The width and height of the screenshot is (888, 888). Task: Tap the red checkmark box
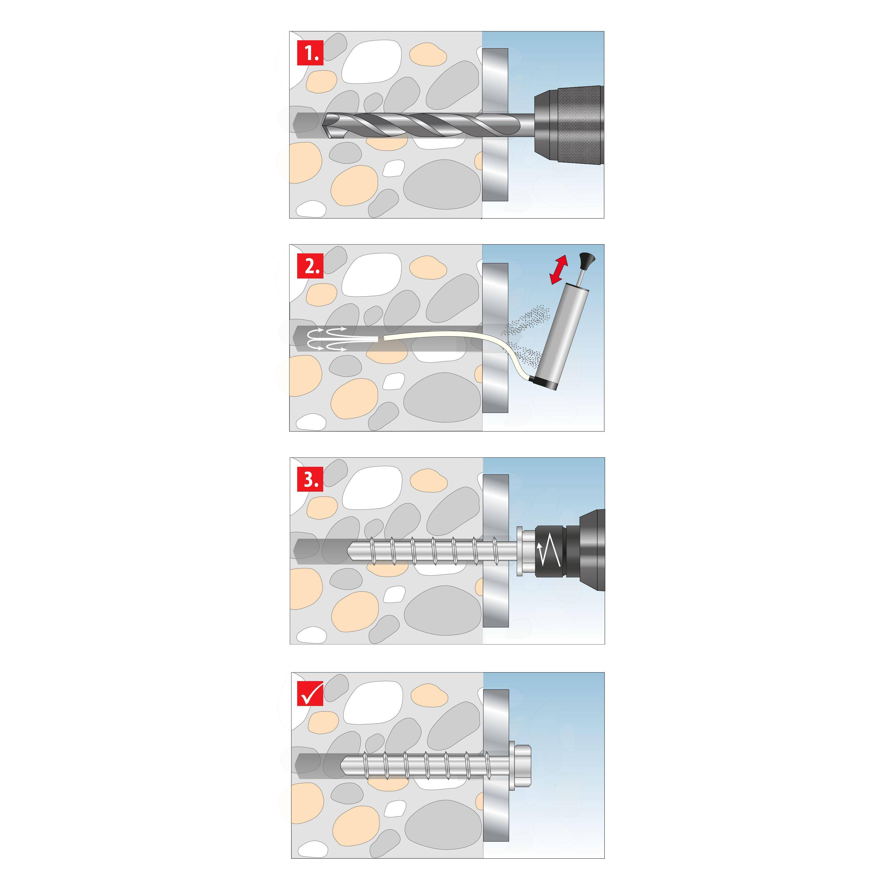click(310, 692)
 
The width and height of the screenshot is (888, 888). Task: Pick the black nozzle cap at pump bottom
click(543, 384)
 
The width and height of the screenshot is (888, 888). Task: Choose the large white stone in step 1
click(371, 62)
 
